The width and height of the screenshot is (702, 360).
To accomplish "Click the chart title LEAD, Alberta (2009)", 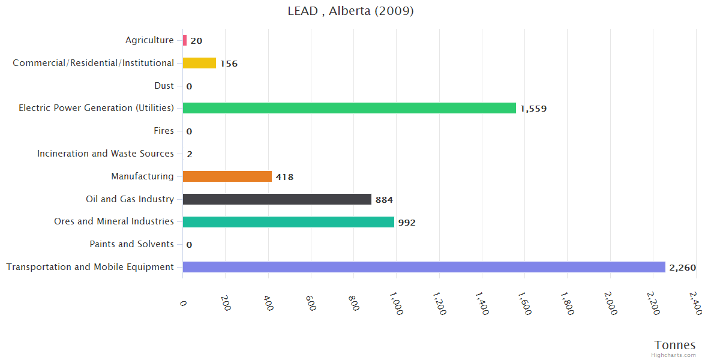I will point(350,11).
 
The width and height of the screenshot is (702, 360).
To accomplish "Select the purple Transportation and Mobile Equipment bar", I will point(424,267).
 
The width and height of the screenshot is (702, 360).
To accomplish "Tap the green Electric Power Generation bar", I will point(349,108).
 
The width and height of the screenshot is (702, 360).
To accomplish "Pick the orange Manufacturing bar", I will point(227,176).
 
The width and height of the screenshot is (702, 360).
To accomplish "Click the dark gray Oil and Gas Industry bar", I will point(277,199).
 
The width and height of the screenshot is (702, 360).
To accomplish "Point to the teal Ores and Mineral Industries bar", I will point(288,222).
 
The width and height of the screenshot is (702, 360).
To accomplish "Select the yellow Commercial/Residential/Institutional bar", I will point(199,63).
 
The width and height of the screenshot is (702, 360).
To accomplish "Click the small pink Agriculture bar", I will point(185,40).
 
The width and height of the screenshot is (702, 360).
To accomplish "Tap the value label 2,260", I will point(682,268).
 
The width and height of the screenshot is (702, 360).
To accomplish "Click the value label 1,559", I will point(533,109).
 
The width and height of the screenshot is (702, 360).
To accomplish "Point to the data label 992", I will point(407,223).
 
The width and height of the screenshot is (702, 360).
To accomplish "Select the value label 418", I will point(284,177).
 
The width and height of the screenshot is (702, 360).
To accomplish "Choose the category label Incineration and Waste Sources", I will point(106,154).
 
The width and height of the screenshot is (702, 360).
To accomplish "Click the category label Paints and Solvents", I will point(131,244).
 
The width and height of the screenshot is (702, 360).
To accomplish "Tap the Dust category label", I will point(164,86).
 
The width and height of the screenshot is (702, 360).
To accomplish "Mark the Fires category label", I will point(164,131).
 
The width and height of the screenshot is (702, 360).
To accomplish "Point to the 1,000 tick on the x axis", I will point(396,304).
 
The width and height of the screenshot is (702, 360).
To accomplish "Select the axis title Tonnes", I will point(675,345).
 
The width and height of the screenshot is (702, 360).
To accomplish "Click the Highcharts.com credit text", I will point(674,355).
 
